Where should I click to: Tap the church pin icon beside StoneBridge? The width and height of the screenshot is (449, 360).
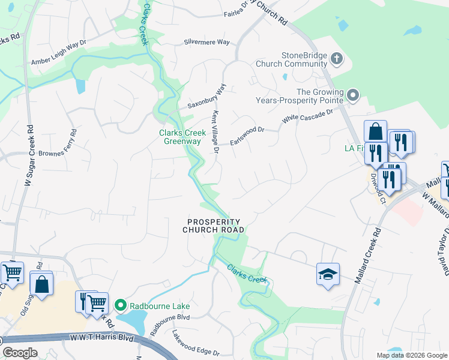coord(337,59)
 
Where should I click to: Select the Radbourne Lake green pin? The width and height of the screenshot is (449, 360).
coord(120,306)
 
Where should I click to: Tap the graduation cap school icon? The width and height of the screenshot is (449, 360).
coord(328,274)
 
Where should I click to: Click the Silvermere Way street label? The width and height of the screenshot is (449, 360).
coord(206,43)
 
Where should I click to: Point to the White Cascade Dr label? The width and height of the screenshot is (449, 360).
coord(307,116)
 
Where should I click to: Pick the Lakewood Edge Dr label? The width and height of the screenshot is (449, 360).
coord(196,343)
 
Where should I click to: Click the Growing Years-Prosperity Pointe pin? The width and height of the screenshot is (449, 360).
coord(354,95)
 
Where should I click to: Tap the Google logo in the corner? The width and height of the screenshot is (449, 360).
coord(20,353)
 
